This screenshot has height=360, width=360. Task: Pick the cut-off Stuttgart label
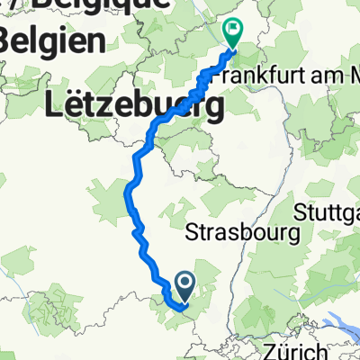click(x=328, y=213)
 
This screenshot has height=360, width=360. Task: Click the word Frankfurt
click(x=263, y=76)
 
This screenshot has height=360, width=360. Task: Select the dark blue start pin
click(x=184, y=287)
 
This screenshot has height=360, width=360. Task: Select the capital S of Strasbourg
click(x=191, y=233)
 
